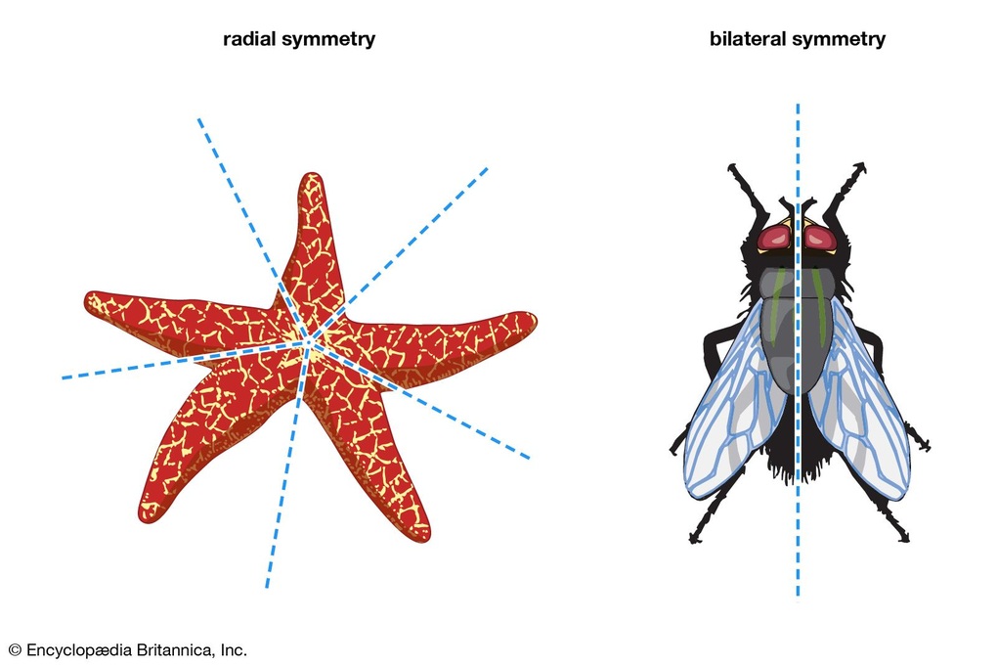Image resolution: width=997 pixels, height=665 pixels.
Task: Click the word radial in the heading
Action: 249,39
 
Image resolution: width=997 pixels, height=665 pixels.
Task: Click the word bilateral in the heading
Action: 748,39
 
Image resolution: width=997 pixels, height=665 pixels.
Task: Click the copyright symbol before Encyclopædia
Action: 16,650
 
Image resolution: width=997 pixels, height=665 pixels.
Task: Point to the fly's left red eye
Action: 774,239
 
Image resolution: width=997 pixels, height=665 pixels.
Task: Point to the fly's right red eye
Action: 821,239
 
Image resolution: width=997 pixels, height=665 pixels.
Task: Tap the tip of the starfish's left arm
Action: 86,299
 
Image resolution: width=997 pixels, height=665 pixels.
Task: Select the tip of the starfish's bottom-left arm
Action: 144,518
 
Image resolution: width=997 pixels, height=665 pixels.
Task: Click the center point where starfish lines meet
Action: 308,342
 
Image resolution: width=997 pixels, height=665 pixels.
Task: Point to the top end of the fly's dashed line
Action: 798,105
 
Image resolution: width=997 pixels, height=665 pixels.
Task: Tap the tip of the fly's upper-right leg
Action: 863,166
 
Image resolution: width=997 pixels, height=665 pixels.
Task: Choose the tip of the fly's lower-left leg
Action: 693,540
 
